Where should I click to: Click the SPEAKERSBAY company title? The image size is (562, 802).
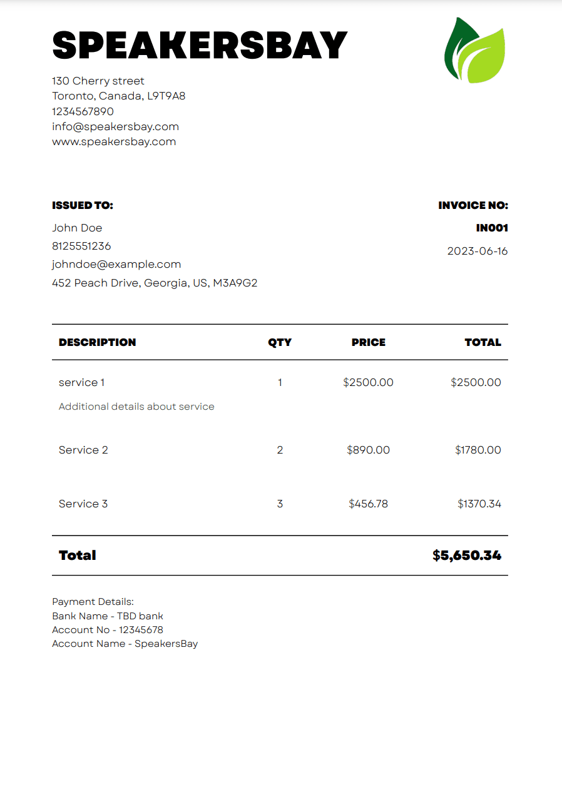point(199,45)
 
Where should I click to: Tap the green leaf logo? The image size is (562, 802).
point(474,50)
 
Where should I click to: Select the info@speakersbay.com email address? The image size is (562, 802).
point(115,126)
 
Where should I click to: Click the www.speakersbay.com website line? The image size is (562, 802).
point(114,141)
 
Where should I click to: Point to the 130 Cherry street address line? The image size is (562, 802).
point(98,81)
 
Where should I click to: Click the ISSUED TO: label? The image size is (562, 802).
point(83,205)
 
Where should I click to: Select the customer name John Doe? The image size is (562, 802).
point(77,228)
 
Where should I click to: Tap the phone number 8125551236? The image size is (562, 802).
point(81,246)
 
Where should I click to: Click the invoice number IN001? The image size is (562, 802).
point(492,228)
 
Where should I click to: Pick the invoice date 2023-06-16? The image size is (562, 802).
point(478,251)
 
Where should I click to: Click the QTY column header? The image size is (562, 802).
point(280,342)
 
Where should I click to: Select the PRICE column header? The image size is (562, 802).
point(368,342)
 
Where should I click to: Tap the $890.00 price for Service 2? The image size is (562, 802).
point(368,450)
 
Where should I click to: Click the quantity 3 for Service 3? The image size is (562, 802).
point(280,504)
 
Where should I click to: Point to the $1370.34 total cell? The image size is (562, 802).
point(479,504)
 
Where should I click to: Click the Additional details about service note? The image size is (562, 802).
point(136,407)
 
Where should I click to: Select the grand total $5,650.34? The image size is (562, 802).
point(466,556)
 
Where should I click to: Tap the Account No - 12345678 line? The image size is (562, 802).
point(107,630)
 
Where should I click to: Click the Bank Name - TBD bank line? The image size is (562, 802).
point(107,616)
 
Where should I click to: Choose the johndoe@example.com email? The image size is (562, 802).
point(116,264)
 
